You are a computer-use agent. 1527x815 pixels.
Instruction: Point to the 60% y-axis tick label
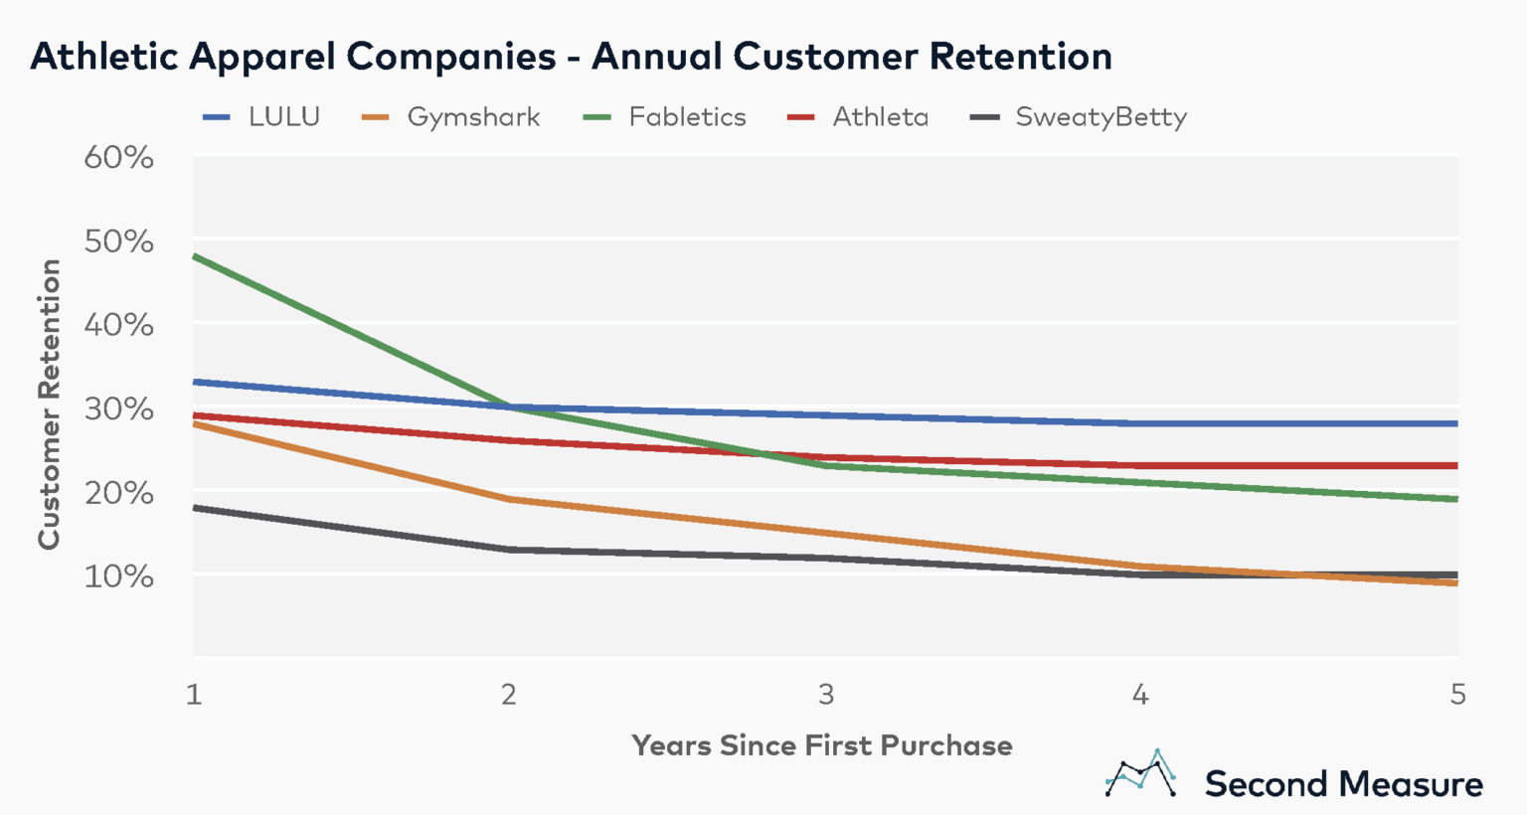coord(118,157)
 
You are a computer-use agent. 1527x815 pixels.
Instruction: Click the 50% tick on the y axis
coord(118,242)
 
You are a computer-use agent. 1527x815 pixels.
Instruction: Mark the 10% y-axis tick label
coord(118,576)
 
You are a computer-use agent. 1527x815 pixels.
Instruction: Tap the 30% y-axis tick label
coord(118,408)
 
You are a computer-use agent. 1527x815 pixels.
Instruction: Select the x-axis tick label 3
coord(826,694)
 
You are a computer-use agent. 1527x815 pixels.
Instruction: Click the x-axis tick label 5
coord(1457,694)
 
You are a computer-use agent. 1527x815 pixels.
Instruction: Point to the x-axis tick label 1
coord(194,694)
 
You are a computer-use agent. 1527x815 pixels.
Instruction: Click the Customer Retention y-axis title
coord(50,404)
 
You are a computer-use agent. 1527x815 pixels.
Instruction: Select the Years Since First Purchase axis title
coord(822,745)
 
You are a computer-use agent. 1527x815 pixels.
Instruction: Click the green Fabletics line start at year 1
coord(195,256)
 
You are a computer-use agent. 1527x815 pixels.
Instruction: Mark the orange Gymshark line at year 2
coord(510,499)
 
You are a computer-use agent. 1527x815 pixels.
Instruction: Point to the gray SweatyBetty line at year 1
coord(195,508)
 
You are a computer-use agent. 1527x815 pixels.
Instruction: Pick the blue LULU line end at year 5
coord(1456,423)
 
